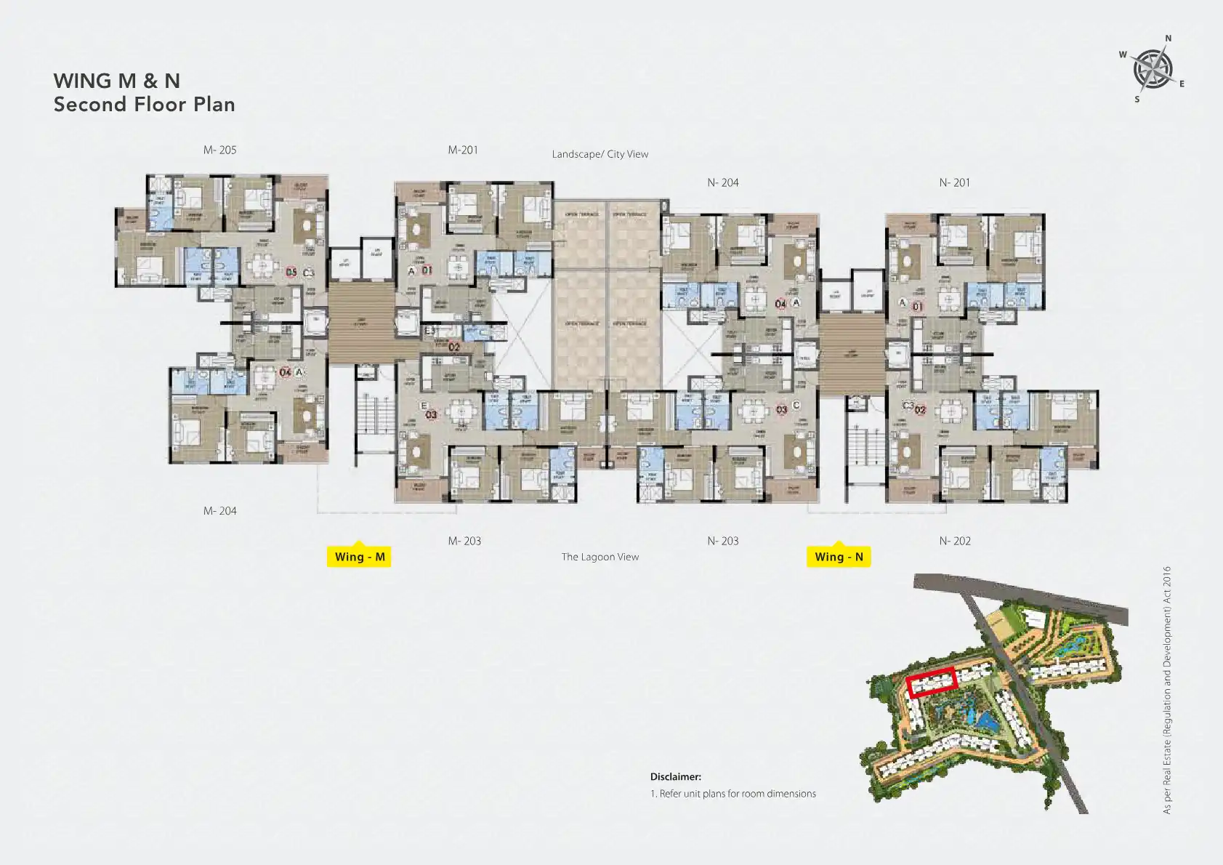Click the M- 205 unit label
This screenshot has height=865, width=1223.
click(219, 150)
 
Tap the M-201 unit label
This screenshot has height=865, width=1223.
click(463, 150)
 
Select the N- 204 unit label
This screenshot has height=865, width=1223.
click(723, 183)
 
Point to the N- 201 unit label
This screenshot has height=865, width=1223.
click(954, 183)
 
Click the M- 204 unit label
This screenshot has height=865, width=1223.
click(219, 511)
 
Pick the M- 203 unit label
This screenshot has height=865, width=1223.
click(464, 542)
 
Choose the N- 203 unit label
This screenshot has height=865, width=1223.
click(723, 542)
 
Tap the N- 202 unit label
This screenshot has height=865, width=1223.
click(954, 542)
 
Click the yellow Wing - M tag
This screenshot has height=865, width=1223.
click(359, 557)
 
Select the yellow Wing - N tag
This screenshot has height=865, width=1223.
click(839, 557)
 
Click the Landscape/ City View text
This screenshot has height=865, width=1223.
click(600, 154)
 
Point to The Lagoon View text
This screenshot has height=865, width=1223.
click(600, 558)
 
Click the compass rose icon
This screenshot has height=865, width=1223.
click(1153, 70)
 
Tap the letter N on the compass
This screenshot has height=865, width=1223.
click(1168, 39)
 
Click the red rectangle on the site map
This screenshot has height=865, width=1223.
click(931, 683)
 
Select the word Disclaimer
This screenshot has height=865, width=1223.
click(675, 777)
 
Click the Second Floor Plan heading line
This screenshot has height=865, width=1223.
click(144, 105)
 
